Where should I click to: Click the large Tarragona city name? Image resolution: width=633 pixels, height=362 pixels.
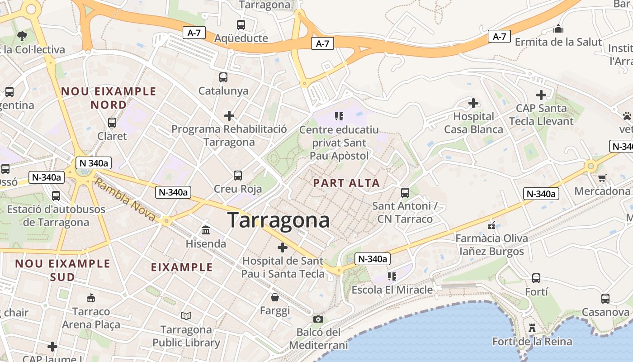(x=279, y=220)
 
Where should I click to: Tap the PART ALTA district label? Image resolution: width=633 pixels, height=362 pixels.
(x=346, y=183)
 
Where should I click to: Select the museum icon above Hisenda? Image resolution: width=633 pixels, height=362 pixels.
(x=206, y=230)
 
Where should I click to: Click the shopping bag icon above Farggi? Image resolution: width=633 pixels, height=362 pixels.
(x=274, y=297)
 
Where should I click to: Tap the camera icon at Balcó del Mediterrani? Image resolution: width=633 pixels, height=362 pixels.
(x=318, y=319)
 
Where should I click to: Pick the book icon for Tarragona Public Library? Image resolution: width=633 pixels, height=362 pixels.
(x=186, y=316)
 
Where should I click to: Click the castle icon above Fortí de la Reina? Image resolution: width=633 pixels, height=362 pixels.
(x=532, y=328)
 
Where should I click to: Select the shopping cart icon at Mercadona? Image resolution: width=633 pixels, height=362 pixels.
(x=602, y=178)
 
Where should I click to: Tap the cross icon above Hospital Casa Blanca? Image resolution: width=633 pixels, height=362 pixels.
(x=473, y=103)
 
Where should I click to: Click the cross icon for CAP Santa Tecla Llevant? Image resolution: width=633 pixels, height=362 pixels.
(x=541, y=95)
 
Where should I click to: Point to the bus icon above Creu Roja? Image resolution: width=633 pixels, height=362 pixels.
(x=238, y=176)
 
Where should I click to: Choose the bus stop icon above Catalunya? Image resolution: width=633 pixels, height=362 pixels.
(x=223, y=77)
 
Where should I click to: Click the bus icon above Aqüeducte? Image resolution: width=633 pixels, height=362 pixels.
(x=241, y=25)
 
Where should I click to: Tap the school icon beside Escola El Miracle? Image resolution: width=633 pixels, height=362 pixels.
(x=392, y=276)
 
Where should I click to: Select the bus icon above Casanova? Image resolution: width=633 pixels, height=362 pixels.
(x=605, y=299)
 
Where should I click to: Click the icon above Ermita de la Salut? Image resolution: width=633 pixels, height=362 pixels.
(x=558, y=29)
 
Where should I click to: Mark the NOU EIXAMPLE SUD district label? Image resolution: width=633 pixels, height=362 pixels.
(x=63, y=270)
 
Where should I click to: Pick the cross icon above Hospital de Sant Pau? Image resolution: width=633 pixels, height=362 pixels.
(x=283, y=248)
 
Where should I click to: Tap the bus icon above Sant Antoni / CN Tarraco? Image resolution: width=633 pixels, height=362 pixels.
(x=405, y=193)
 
